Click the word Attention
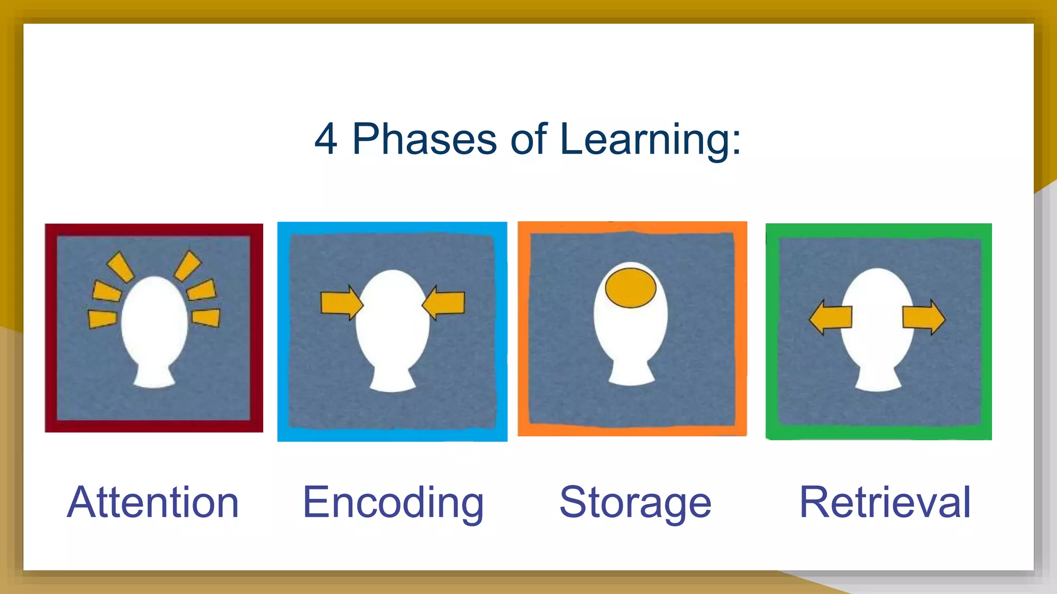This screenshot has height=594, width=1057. click(x=153, y=502)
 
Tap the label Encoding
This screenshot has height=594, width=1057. click(x=393, y=503)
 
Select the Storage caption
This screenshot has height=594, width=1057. click(x=635, y=503)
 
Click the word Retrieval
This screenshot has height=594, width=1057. click(x=885, y=502)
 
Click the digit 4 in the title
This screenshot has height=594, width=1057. click(x=326, y=139)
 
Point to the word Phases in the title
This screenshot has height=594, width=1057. click(x=424, y=139)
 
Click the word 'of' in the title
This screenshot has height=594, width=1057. click(x=528, y=139)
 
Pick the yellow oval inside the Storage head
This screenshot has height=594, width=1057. click(x=630, y=288)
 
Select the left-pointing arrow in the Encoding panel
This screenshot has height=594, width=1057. click(x=444, y=303)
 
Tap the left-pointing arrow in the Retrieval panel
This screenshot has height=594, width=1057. click(x=830, y=318)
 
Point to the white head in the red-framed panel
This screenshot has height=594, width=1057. click(x=154, y=322)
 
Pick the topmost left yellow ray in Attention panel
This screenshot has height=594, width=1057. click(x=120, y=267)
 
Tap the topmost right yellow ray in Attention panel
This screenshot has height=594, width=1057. click(x=187, y=266)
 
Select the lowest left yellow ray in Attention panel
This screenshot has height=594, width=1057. click(x=102, y=319)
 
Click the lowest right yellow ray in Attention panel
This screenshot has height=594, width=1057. click(x=207, y=317)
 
